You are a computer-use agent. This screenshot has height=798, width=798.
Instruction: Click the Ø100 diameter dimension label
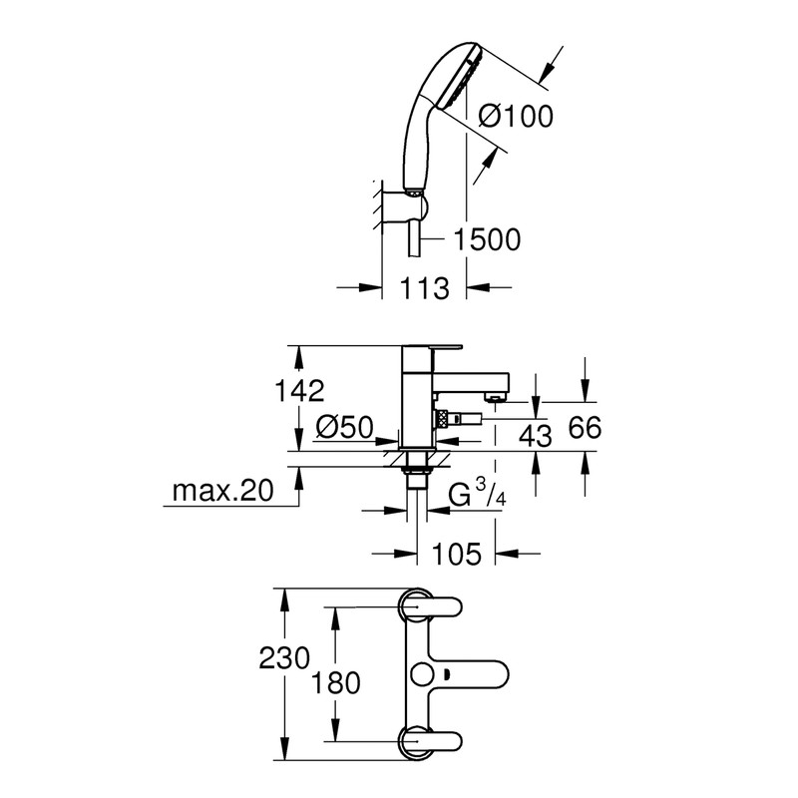point(516,117)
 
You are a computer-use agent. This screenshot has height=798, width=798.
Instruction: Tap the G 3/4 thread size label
point(475,494)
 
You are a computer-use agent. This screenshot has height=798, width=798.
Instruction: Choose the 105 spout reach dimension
point(458,553)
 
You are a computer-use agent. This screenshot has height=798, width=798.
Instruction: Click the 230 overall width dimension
point(284,659)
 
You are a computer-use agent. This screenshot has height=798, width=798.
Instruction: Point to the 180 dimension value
point(332,683)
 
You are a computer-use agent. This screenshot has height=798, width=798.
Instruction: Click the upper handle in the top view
point(431,606)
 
